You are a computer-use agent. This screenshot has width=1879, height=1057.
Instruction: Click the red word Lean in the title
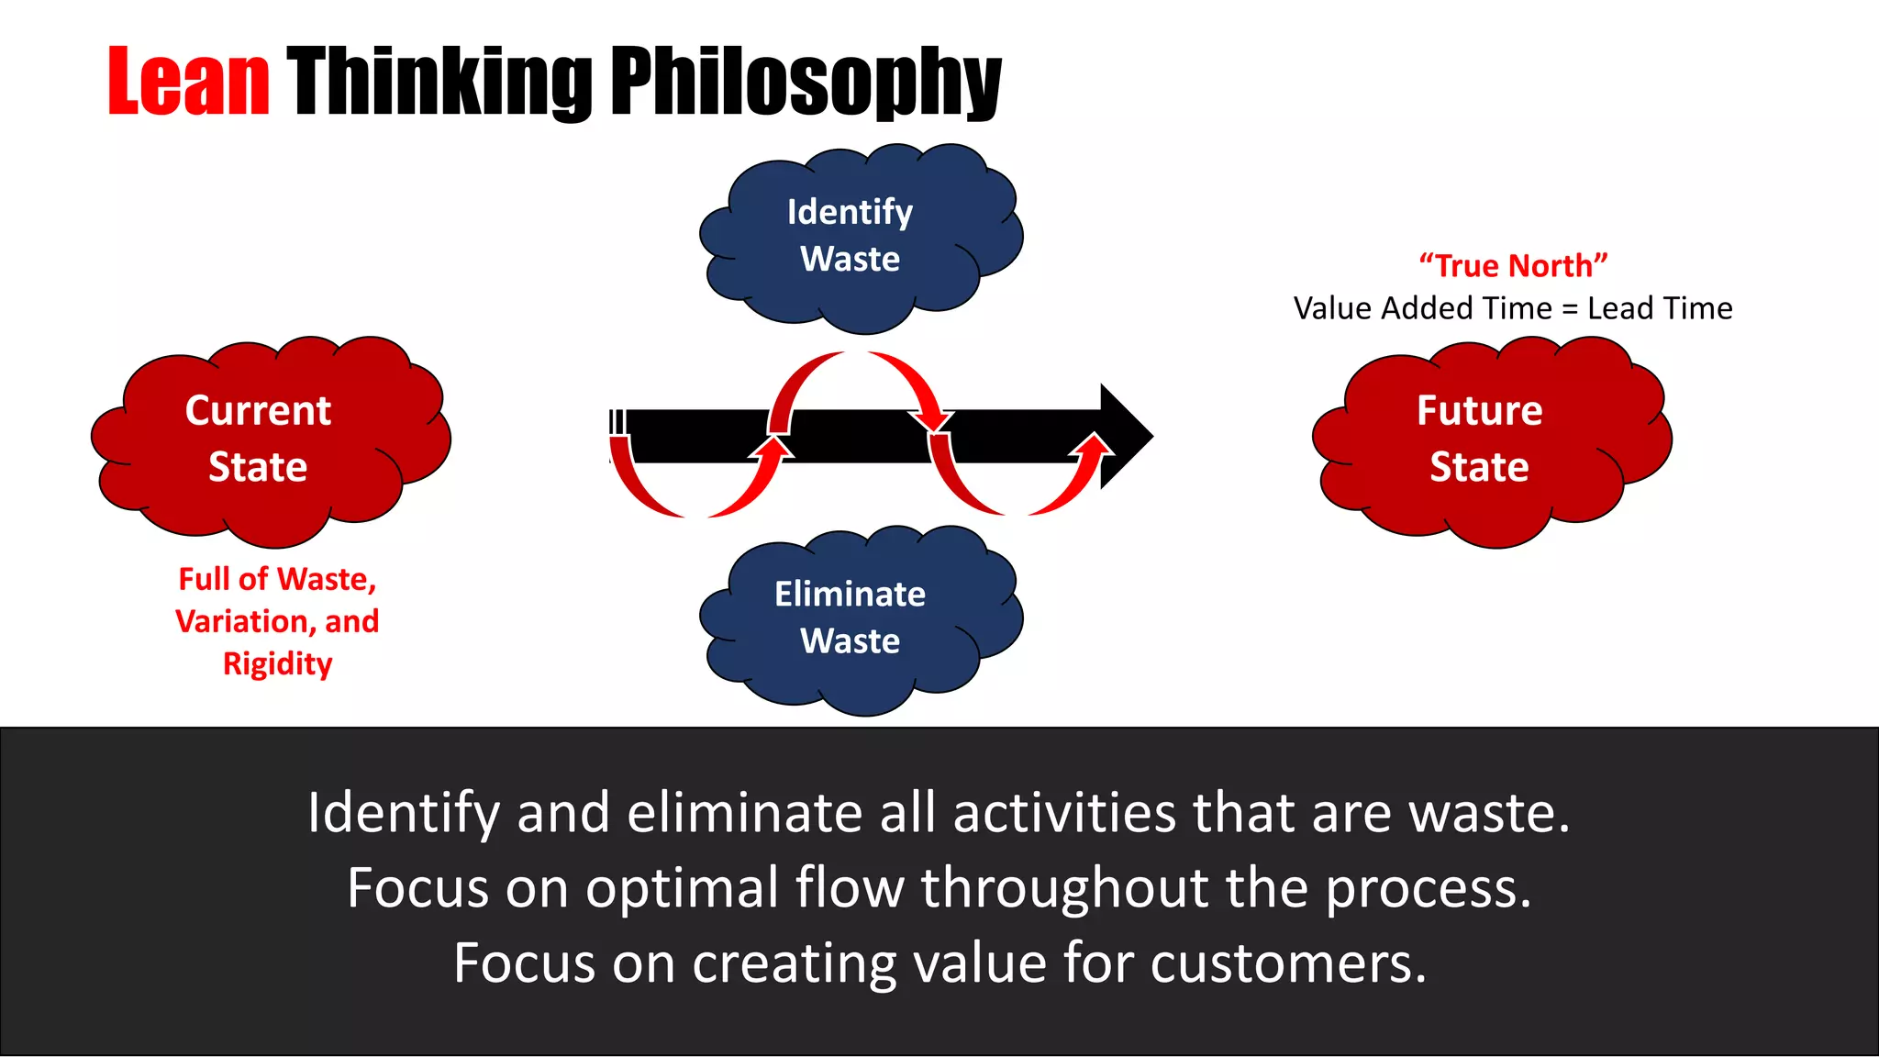click(188, 83)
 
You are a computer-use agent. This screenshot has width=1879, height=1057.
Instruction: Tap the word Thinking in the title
click(440, 83)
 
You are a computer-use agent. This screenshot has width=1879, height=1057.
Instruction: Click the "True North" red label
click(1513, 266)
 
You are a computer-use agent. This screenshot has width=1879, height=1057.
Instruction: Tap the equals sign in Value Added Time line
click(1570, 309)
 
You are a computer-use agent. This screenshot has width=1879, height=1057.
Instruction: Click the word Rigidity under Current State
click(277, 663)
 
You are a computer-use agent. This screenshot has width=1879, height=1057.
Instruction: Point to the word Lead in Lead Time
click(1618, 308)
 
